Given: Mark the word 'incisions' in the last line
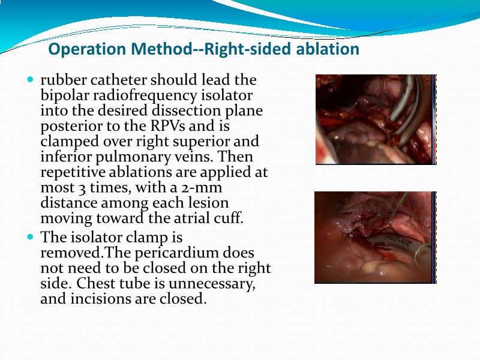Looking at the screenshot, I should [x=100, y=298].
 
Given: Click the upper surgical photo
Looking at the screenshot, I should [x=375, y=119].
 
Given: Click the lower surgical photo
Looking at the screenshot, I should [x=375, y=237].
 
